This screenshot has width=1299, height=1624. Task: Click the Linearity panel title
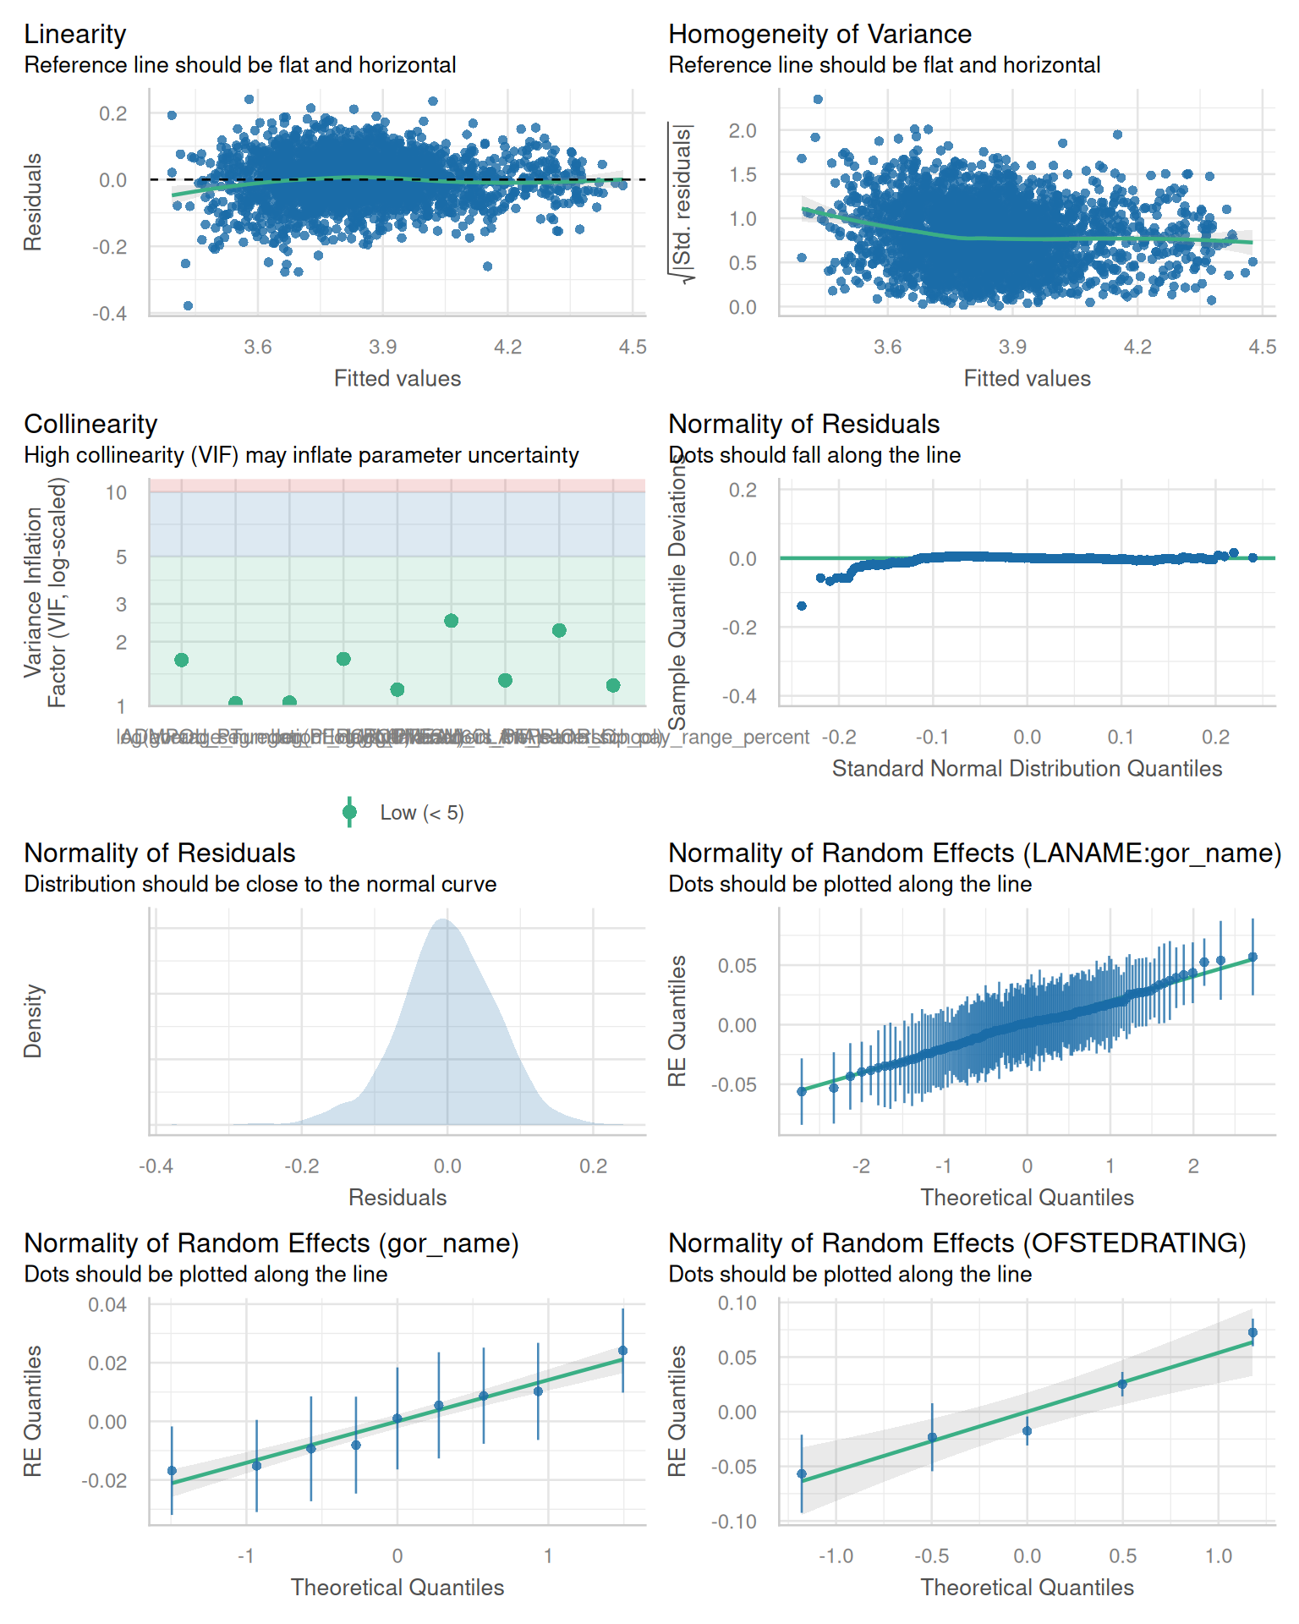(x=75, y=34)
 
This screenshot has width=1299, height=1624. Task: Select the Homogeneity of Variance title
(x=819, y=34)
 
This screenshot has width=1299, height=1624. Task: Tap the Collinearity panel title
(x=90, y=424)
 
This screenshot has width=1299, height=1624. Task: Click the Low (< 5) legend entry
(x=421, y=813)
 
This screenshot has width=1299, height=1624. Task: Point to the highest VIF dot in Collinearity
(x=452, y=621)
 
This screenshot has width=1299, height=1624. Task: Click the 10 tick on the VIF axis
(x=117, y=493)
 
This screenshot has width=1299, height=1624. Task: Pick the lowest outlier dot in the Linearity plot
(x=188, y=305)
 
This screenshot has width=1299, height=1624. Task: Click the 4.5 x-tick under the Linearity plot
(x=633, y=347)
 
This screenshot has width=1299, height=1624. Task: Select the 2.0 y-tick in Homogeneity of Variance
(x=743, y=131)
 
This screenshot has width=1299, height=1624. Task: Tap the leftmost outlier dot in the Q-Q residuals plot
(x=802, y=606)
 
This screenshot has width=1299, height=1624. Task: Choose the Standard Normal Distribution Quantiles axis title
(x=1027, y=768)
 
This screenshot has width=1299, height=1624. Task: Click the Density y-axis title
(x=33, y=1021)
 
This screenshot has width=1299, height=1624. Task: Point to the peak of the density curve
(x=443, y=919)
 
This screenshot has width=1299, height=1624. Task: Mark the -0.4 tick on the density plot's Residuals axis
(x=156, y=1166)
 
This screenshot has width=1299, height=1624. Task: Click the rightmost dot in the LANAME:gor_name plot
(x=1252, y=957)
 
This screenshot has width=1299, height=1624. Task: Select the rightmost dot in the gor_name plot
(x=623, y=1351)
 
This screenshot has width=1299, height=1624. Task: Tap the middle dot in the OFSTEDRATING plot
(x=1028, y=1431)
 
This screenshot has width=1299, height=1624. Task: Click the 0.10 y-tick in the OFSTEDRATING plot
(x=737, y=1303)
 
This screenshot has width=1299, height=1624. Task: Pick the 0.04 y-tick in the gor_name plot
(x=107, y=1305)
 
